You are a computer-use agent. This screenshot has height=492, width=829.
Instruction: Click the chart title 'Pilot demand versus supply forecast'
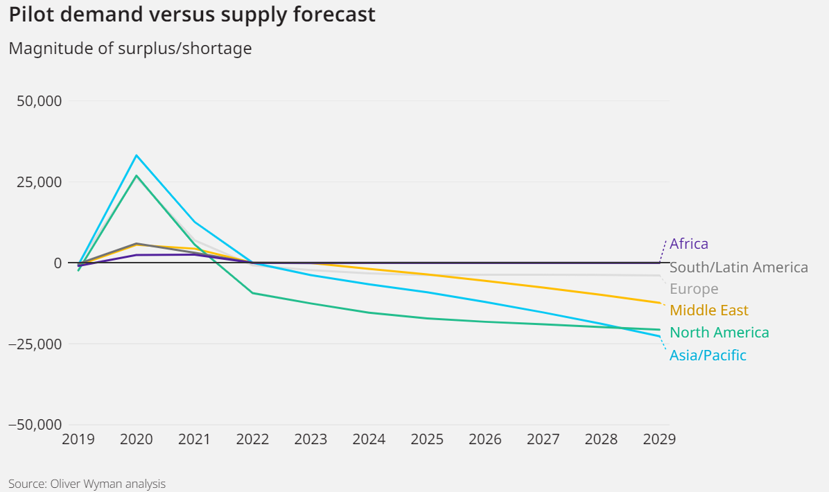tap(192, 15)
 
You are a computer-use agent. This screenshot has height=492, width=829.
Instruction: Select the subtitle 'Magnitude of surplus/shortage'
tap(130, 49)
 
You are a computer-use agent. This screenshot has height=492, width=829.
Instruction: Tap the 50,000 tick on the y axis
tap(39, 101)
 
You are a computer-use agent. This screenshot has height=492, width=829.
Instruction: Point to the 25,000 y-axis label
tap(39, 182)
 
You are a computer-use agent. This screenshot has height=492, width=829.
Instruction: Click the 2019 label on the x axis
tap(78, 440)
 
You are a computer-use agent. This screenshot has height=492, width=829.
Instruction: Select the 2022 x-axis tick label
tap(253, 440)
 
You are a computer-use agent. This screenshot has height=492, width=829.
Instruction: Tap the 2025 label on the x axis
tap(427, 440)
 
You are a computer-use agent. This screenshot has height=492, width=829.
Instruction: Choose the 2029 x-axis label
tap(658, 440)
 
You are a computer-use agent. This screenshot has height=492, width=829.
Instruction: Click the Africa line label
tap(689, 244)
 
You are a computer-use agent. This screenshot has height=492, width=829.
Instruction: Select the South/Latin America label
tap(738, 267)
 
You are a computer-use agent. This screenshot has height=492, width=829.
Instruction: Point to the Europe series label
tap(694, 289)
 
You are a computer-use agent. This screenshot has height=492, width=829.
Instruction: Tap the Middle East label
tap(709, 310)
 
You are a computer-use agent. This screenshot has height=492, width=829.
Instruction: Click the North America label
tap(719, 333)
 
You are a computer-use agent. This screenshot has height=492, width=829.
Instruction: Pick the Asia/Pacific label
tap(708, 355)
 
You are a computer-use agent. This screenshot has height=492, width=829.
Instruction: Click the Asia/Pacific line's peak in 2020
tap(137, 155)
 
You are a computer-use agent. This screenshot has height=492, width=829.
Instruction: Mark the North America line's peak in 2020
tap(137, 175)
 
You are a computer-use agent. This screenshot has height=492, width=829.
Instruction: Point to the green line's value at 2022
tap(253, 293)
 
